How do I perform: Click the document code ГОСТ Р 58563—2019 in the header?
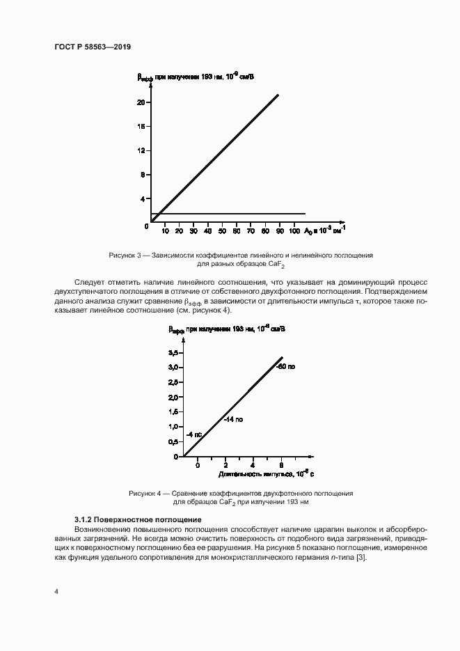click(93, 47)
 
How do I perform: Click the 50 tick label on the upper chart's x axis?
click(222, 230)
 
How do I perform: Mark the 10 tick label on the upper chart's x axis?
click(165, 230)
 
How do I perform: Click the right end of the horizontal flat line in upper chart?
click(306, 213)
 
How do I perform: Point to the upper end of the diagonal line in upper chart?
click(278, 95)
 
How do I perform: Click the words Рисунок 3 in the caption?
click(125, 256)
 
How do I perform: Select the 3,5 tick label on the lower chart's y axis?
click(173, 353)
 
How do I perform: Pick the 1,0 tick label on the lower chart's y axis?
click(173, 427)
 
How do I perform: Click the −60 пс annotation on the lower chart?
click(286, 366)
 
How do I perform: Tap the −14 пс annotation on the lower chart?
click(234, 419)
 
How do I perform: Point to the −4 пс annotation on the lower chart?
click(194, 434)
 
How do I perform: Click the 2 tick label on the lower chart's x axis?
click(225, 464)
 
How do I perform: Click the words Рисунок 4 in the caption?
click(145, 493)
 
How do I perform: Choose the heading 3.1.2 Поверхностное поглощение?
click(138, 519)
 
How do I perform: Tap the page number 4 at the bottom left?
click(56, 591)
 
